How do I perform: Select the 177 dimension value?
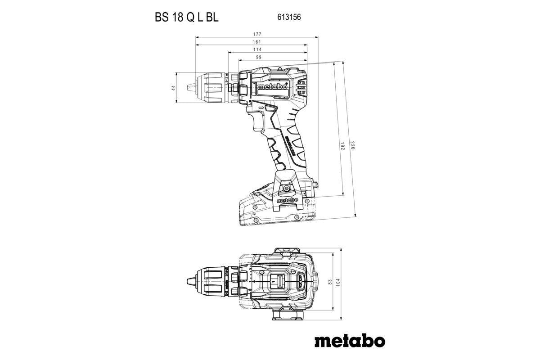point(257,34)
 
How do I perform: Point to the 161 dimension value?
point(257,42)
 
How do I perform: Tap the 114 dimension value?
point(257,49)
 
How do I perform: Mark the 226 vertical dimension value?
point(353,146)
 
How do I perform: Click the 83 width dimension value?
point(330,281)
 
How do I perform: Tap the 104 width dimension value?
point(338,281)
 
